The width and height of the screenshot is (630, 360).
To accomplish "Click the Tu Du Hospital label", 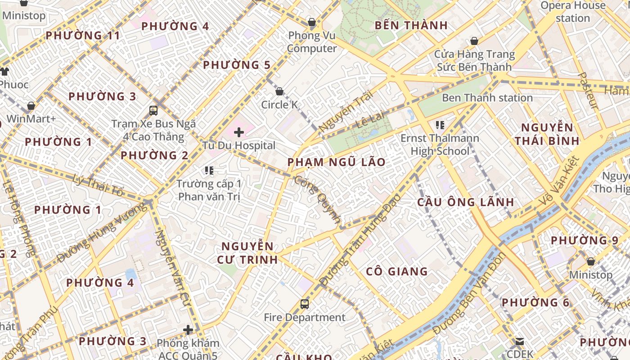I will pyautogui.click(x=238, y=145).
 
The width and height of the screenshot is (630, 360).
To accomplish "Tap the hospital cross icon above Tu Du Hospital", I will pyautogui.click(x=239, y=132).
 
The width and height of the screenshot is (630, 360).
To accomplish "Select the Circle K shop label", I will pyautogui.click(x=279, y=105).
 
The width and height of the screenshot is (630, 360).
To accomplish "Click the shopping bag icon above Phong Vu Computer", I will pyautogui.click(x=311, y=22).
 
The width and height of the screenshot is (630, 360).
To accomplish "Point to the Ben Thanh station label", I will pyautogui.click(x=487, y=98).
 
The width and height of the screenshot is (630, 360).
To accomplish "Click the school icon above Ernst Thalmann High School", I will pyautogui.click(x=440, y=125).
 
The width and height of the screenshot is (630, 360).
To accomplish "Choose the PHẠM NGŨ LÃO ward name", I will pyautogui.click(x=336, y=162).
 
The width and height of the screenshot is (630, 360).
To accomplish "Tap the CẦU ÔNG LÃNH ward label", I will pyautogui.click(x=465, y=202).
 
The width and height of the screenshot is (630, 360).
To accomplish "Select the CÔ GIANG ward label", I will pyautogui.click(x=396, y=271).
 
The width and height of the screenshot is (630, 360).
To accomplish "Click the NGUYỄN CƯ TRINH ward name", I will pyautogui.click(x=247, y=252).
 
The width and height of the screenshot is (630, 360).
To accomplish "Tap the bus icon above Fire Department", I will pyautogui.click(x=305, y=304).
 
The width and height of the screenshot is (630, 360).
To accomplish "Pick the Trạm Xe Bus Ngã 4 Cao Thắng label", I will pyautogui.click(x=153, y=130).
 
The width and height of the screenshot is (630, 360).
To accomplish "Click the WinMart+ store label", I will pyautogui.click(x=31, y=119).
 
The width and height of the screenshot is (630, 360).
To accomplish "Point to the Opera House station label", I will pyautogui.click(x=572, y=12).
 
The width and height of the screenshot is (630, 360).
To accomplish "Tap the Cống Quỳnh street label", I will pyautogui.click(x=317, y=200).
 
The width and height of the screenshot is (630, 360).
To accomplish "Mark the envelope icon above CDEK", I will pyautogui.click(x=520, y=341).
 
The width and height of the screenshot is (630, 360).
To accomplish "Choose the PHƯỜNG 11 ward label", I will pyautogui.click(x=83, y=35).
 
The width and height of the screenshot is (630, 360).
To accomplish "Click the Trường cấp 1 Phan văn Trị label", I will pyautogui.click(x=209, y=190).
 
